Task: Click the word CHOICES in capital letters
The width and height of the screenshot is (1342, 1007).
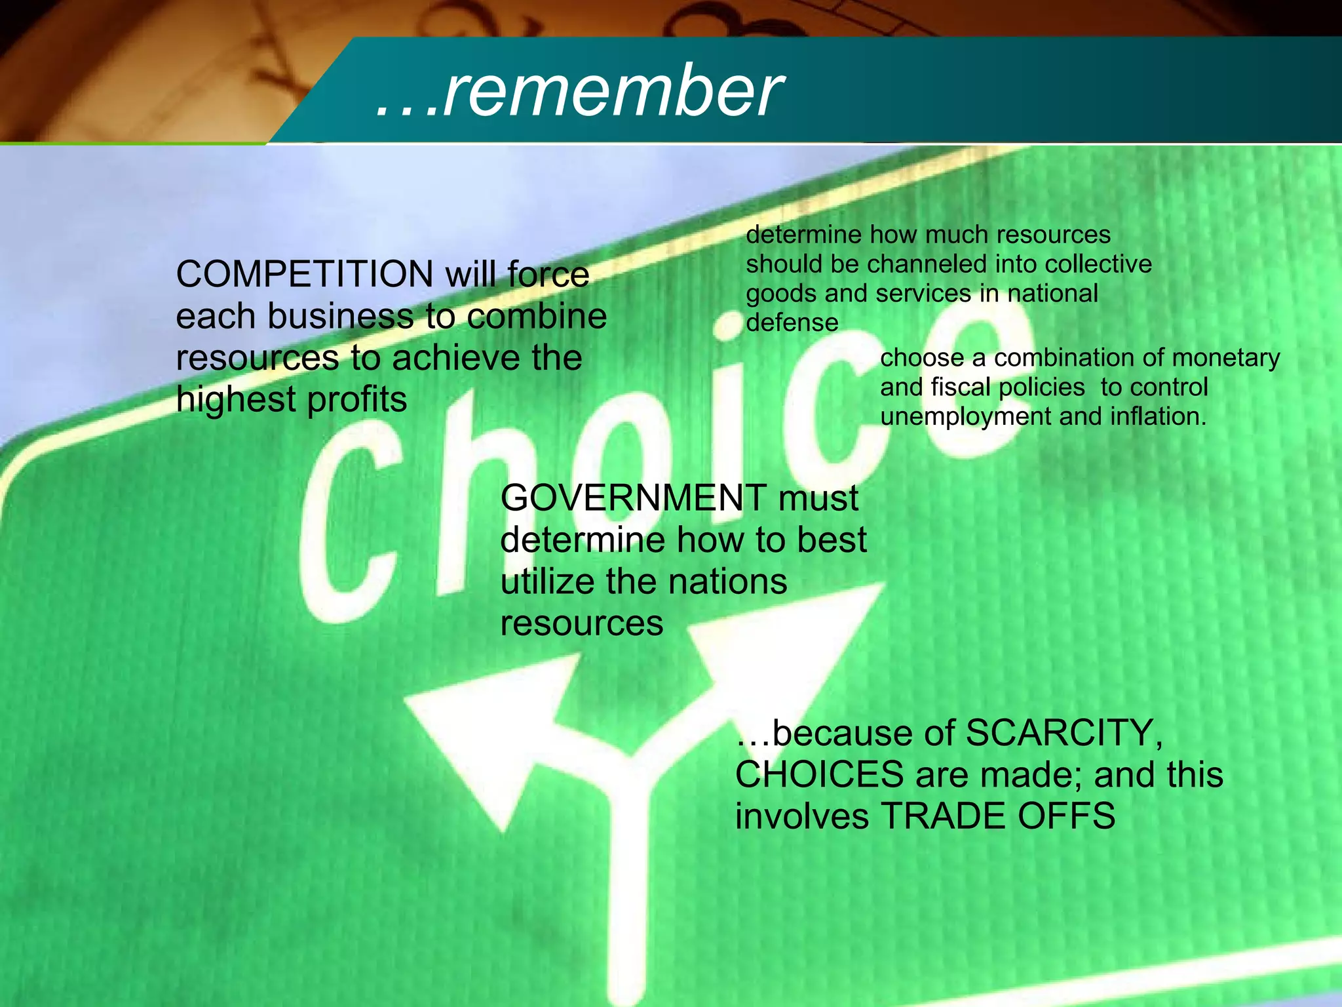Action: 819,775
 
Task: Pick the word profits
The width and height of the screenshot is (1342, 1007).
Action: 356,400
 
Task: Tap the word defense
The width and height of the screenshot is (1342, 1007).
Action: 792,323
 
